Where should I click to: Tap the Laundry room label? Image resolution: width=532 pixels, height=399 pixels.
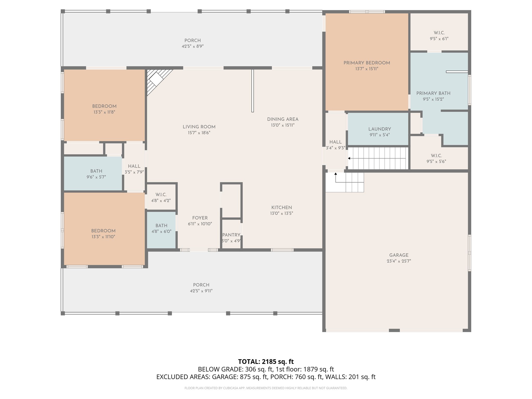tap(380, 129)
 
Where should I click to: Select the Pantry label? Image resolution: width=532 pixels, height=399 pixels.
tap(231, 235)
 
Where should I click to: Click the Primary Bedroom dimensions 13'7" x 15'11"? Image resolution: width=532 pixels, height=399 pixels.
tap(367, 69)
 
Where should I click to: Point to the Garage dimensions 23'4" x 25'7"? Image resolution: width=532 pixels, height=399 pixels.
tap(398, 261)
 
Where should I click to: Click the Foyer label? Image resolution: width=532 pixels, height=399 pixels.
tap(200, 218)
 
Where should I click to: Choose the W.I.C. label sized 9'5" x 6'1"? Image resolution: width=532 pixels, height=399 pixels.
tap(439, 33)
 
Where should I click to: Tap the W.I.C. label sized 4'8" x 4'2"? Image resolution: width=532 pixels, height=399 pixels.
tap(161, 195)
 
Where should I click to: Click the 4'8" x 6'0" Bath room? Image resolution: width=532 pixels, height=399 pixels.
tap(161, 229)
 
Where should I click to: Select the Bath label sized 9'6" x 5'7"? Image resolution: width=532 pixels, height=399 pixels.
tap(96, 171)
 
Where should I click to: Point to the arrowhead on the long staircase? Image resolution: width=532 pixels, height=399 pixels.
tap(349, 158)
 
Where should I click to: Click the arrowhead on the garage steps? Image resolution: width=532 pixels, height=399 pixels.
tap(335, 174)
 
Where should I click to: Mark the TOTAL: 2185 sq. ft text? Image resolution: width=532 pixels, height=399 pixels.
tap(266, 362)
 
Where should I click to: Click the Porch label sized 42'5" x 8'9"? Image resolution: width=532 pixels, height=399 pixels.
tap(192, 41)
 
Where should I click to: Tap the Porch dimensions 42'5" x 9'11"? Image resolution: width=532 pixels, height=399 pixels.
tap(201, 291)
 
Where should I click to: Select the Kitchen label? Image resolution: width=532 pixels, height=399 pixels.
tap(282, 208)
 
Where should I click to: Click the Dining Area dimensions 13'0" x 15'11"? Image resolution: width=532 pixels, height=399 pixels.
tap(283, 125)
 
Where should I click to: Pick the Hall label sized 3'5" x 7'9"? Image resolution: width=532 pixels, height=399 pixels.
tap(134, 166)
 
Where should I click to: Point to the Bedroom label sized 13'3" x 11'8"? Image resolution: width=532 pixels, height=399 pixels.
tap(104, 106)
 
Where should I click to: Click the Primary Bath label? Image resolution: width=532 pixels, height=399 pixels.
tap(433, 93)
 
